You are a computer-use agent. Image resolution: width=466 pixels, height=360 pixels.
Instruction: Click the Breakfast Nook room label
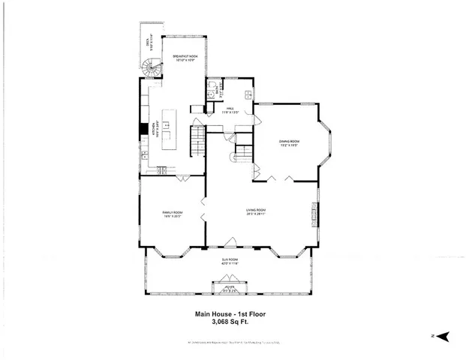pos(184,58)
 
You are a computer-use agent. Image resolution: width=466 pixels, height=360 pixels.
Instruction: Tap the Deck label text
pos(149,51)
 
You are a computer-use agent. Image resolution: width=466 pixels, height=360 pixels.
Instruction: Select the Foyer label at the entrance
pos(229,286)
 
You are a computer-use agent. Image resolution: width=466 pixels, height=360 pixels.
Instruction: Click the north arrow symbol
pos(442,337)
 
